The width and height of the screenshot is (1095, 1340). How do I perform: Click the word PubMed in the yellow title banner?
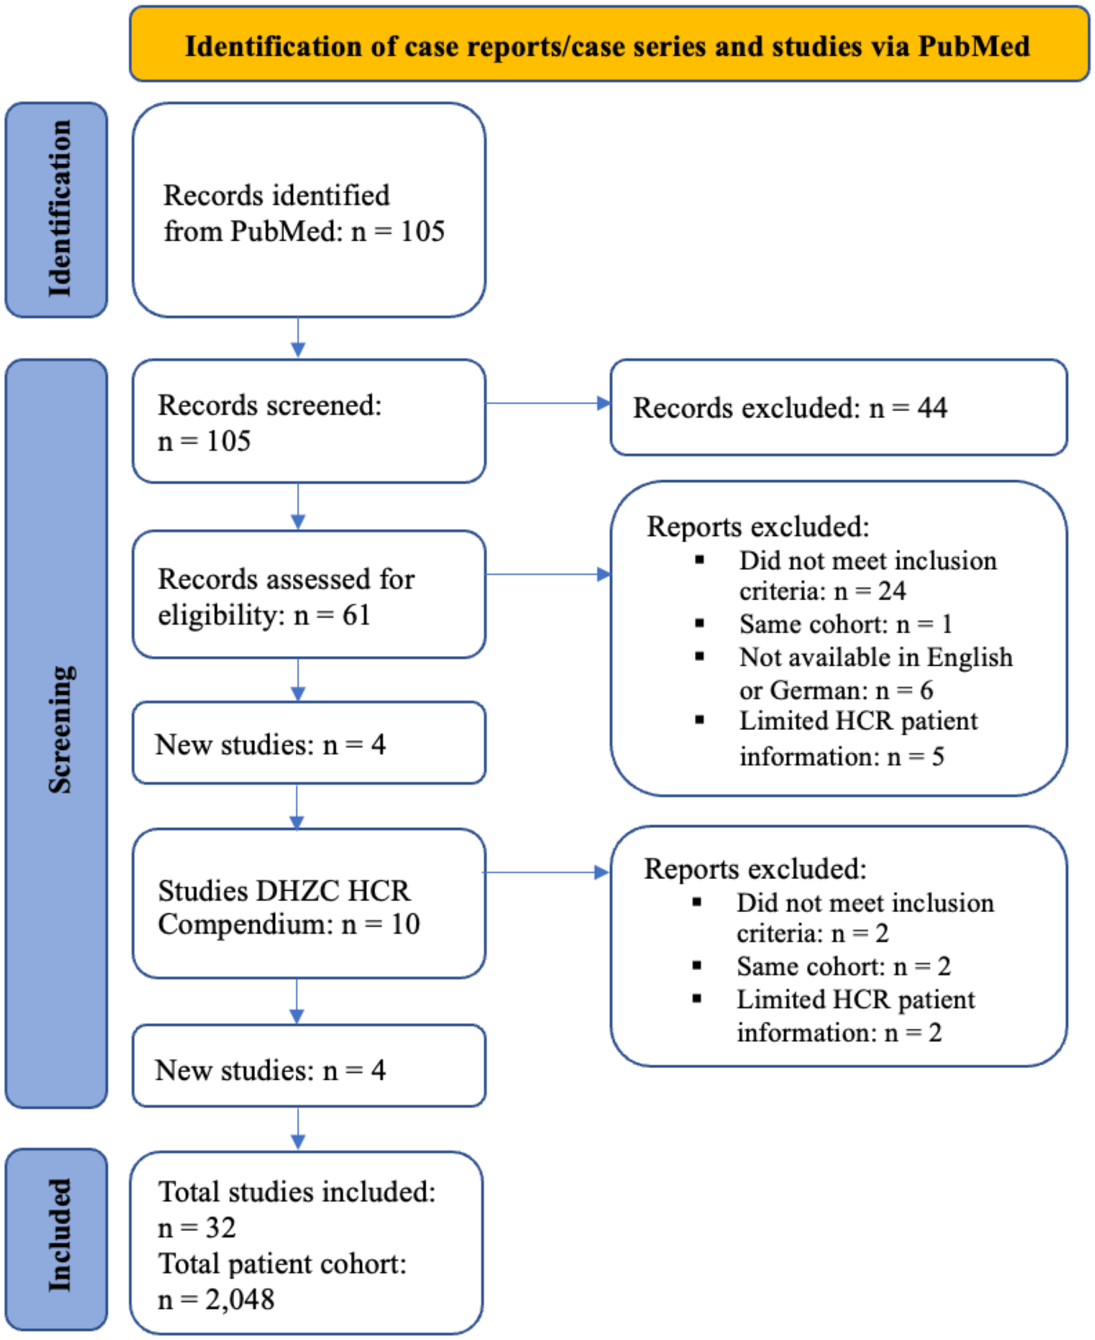point(973,46)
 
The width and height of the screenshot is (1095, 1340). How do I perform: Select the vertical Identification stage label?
point(58,209)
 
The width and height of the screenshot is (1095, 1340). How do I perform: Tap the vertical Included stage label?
point(58,1238)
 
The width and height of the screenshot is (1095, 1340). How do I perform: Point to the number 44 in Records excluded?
point(932,408)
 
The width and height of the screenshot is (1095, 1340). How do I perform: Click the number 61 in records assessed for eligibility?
point(356,614)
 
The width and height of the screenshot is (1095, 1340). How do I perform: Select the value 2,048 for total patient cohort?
point(240,1299)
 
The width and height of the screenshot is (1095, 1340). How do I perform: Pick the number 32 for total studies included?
point(221,1228)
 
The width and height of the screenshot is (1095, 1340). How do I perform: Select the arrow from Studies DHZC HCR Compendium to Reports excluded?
point(546,872)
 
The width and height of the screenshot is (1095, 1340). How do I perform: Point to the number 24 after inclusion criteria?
point(892,591)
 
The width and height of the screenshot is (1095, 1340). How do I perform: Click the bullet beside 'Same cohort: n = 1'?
point(700,624)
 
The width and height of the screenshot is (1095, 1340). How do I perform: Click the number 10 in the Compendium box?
point(405,924)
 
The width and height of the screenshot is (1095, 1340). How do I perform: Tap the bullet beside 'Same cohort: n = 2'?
point(697,966)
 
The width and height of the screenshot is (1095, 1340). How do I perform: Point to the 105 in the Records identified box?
point(422,231)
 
